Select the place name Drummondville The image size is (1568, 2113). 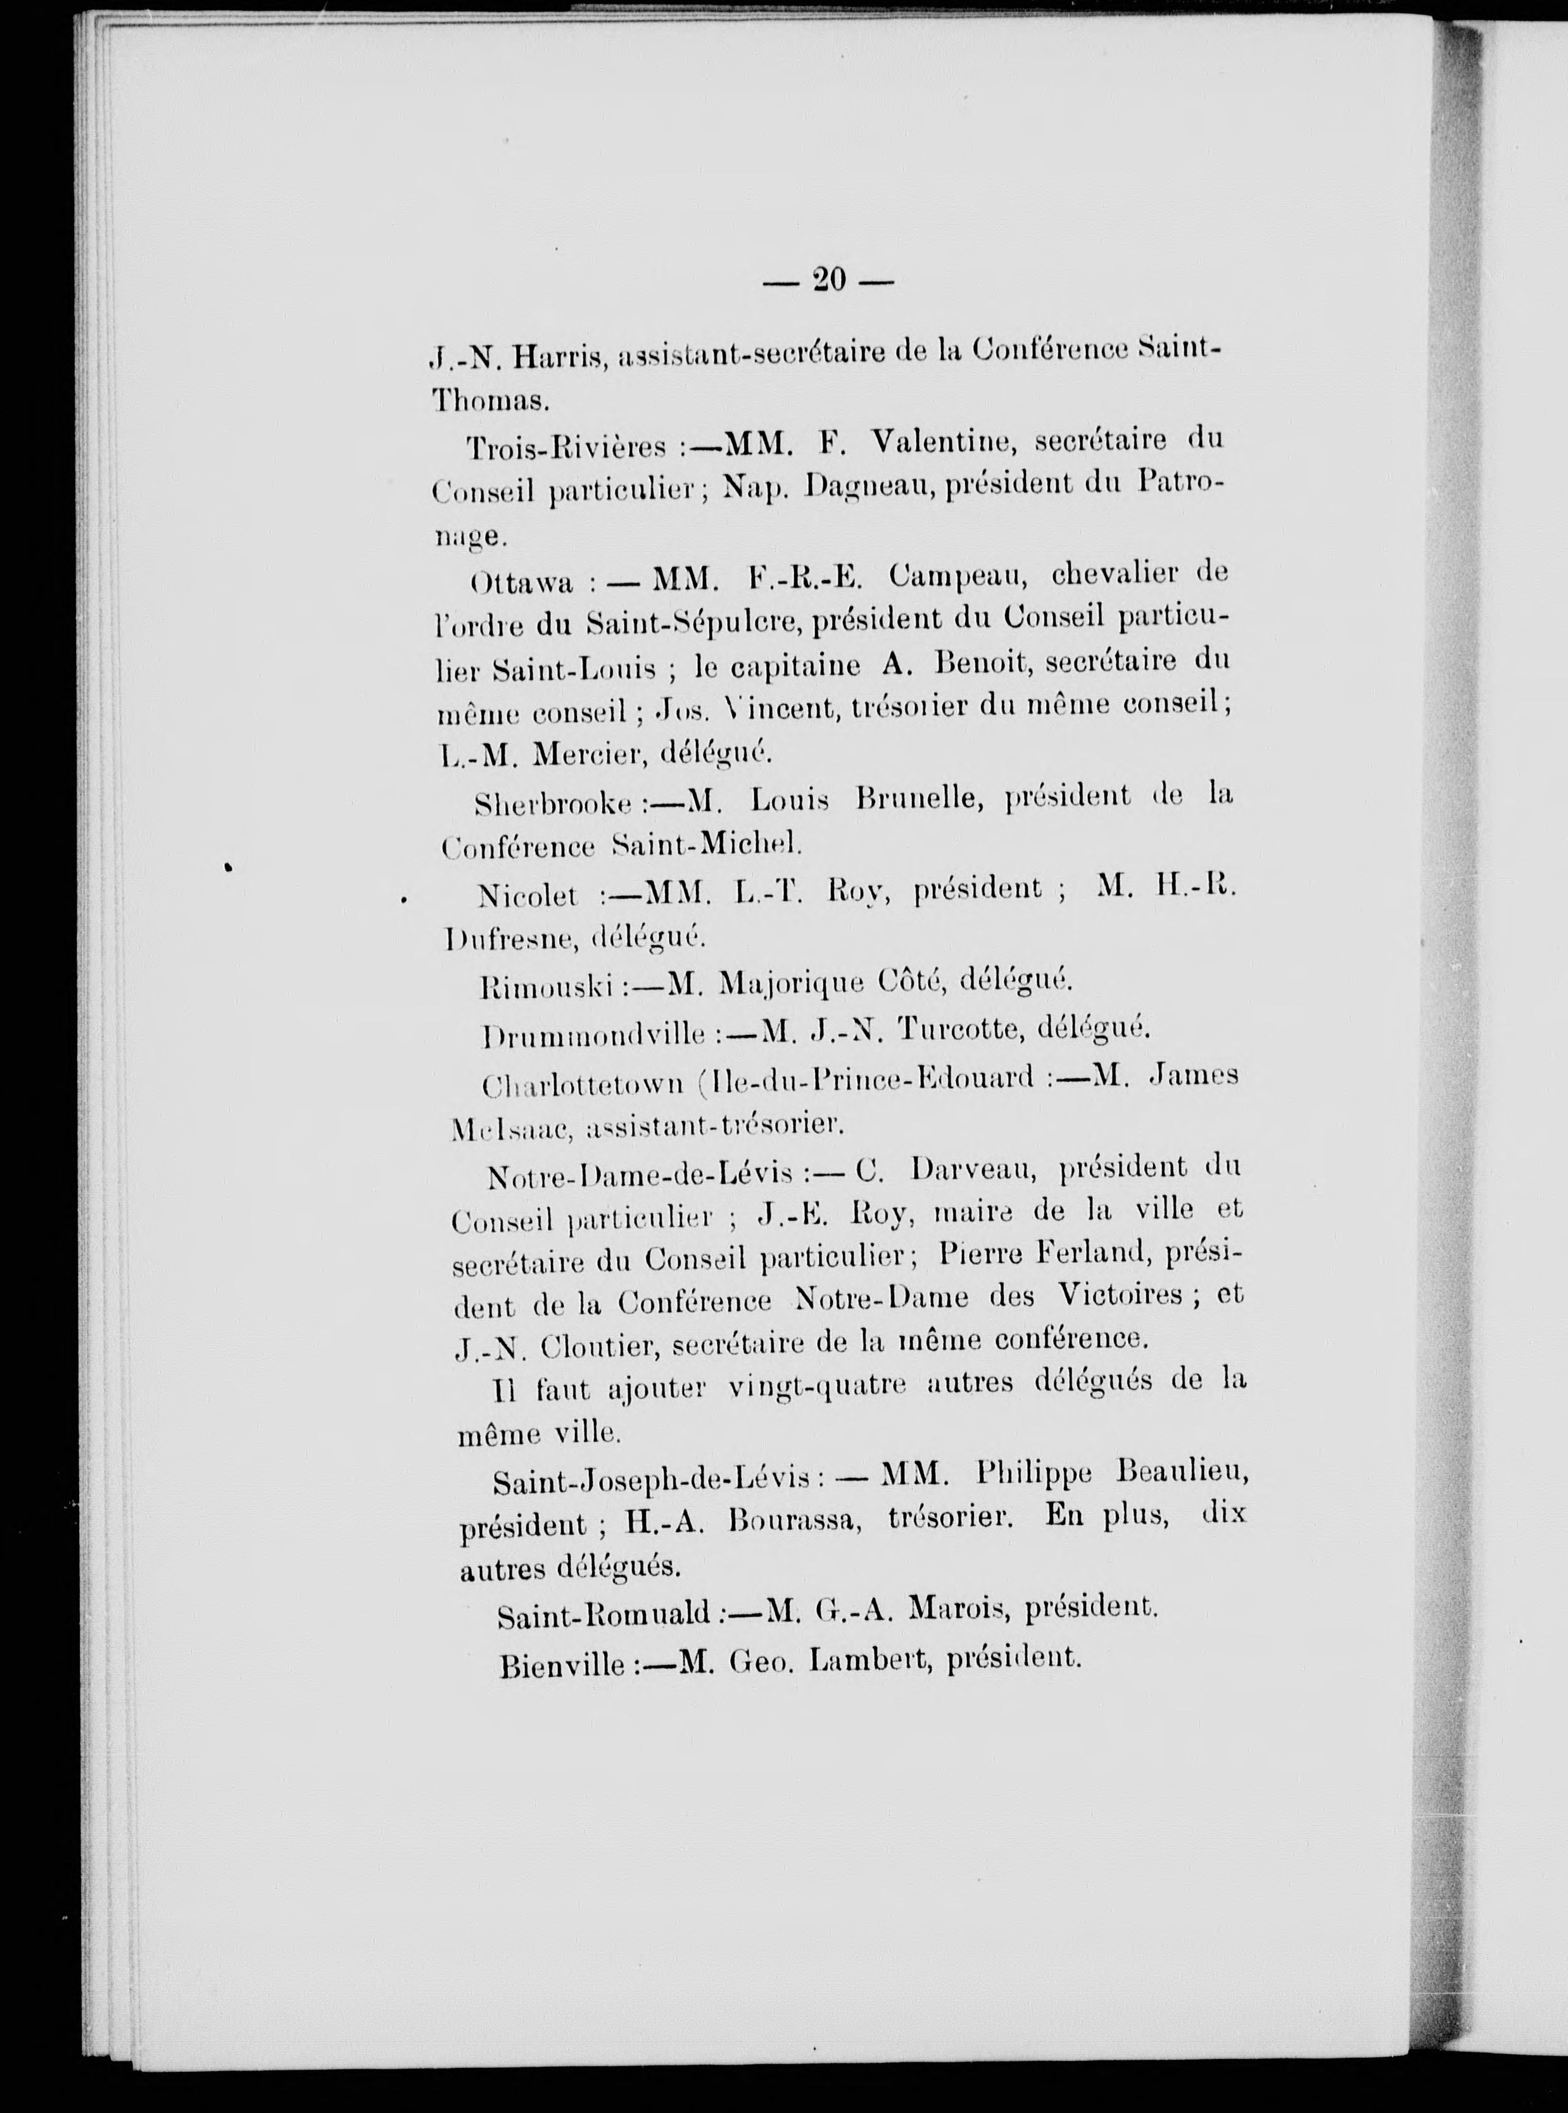(594, 1034)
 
